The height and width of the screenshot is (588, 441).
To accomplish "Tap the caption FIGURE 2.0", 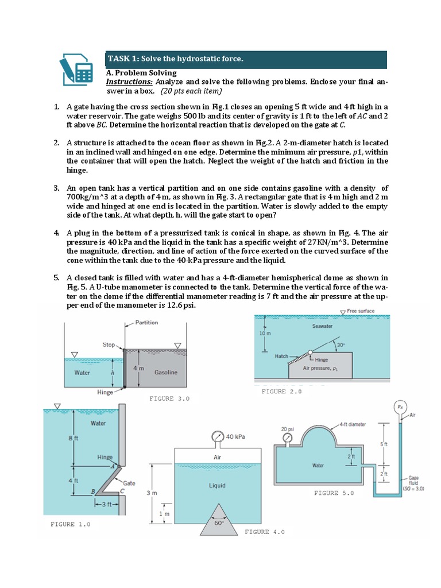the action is [281, 392].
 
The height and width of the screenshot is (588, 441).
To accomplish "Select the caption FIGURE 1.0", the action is [70, 524].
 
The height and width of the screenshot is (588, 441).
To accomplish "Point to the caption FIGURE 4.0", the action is [265, 532].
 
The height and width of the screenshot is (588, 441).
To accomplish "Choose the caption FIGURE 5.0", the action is [334, 493].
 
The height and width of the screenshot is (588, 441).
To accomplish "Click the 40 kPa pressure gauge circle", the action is [218, 436].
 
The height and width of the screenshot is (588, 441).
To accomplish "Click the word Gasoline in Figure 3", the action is [166, 373].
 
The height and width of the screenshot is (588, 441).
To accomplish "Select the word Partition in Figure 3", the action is [146, 323].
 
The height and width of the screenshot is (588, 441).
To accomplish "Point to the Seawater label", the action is [322, 326].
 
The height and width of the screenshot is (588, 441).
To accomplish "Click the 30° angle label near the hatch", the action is [341, 345].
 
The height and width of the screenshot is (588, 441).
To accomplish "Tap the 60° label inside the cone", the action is [218, 524].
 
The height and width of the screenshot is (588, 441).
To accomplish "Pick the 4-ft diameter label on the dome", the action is [353, 424].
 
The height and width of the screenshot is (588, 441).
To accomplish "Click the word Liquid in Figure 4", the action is [217, 486].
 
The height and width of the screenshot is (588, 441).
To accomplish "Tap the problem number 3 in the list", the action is [57, 188].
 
